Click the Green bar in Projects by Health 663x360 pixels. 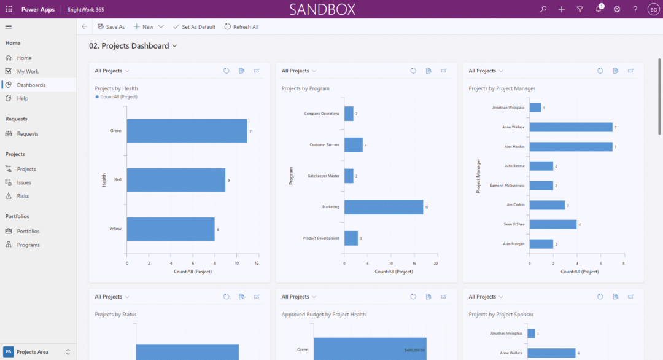pyautogui.click(x=187, y=131)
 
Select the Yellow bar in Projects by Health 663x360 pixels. pyautogui.click(x=171, y=229)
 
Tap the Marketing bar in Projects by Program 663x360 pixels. pyautogui.click(x=383, y=207)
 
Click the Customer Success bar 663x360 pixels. pyautogui.click(x=353, y=145)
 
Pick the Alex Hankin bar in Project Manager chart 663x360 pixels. pyautogui.click(x=571, y=147)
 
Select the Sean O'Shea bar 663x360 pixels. pyautogui.click(x=552, y=224)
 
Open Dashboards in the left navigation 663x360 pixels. pyautogui.click(x=31, y=85)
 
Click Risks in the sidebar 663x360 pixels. pyautogui.click(x=23, y=196)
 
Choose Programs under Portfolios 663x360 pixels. pyautogui.click(x=28, y=245)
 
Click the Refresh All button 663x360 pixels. pyautogui.click(x=241, y=27)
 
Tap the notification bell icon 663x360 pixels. pyautogui.click(x=599, y=9)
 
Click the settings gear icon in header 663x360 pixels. pyautogui.click(x=617, y=9)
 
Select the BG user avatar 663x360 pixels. pyautogui.click(x=653, y=9)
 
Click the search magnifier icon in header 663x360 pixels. pyautogui.click(x=543, y=9)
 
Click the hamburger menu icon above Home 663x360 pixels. pyautogui.click(x=9, y=26)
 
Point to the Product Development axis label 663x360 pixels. pyautogui.click(x=321, y=238)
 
